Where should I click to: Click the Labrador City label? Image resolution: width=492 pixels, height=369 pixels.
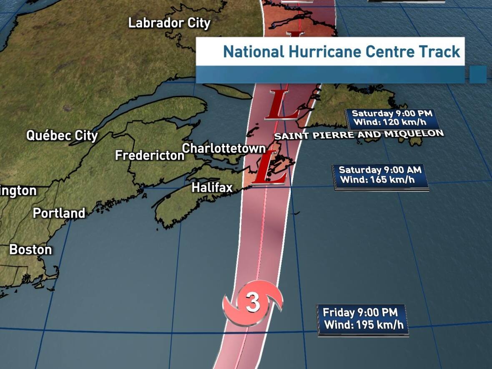point(169,23)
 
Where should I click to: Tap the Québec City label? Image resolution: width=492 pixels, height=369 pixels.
point(62,136)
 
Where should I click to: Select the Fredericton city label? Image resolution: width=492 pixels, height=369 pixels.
point(150,156)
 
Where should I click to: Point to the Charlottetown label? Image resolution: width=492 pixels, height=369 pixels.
point(224,148)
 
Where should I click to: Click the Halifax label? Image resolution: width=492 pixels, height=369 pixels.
point(212,188)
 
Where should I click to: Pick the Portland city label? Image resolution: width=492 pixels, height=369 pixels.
point(59,213)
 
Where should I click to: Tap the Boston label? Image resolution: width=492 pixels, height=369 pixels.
point(31,250)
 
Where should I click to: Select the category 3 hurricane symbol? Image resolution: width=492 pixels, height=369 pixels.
point(253,303)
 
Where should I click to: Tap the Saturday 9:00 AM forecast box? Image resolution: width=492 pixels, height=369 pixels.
point(380,175)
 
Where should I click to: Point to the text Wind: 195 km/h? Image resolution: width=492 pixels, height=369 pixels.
point(364,325)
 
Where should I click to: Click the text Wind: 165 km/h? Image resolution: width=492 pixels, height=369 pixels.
point(377,180)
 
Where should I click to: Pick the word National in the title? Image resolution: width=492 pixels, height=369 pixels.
point(252,52)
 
